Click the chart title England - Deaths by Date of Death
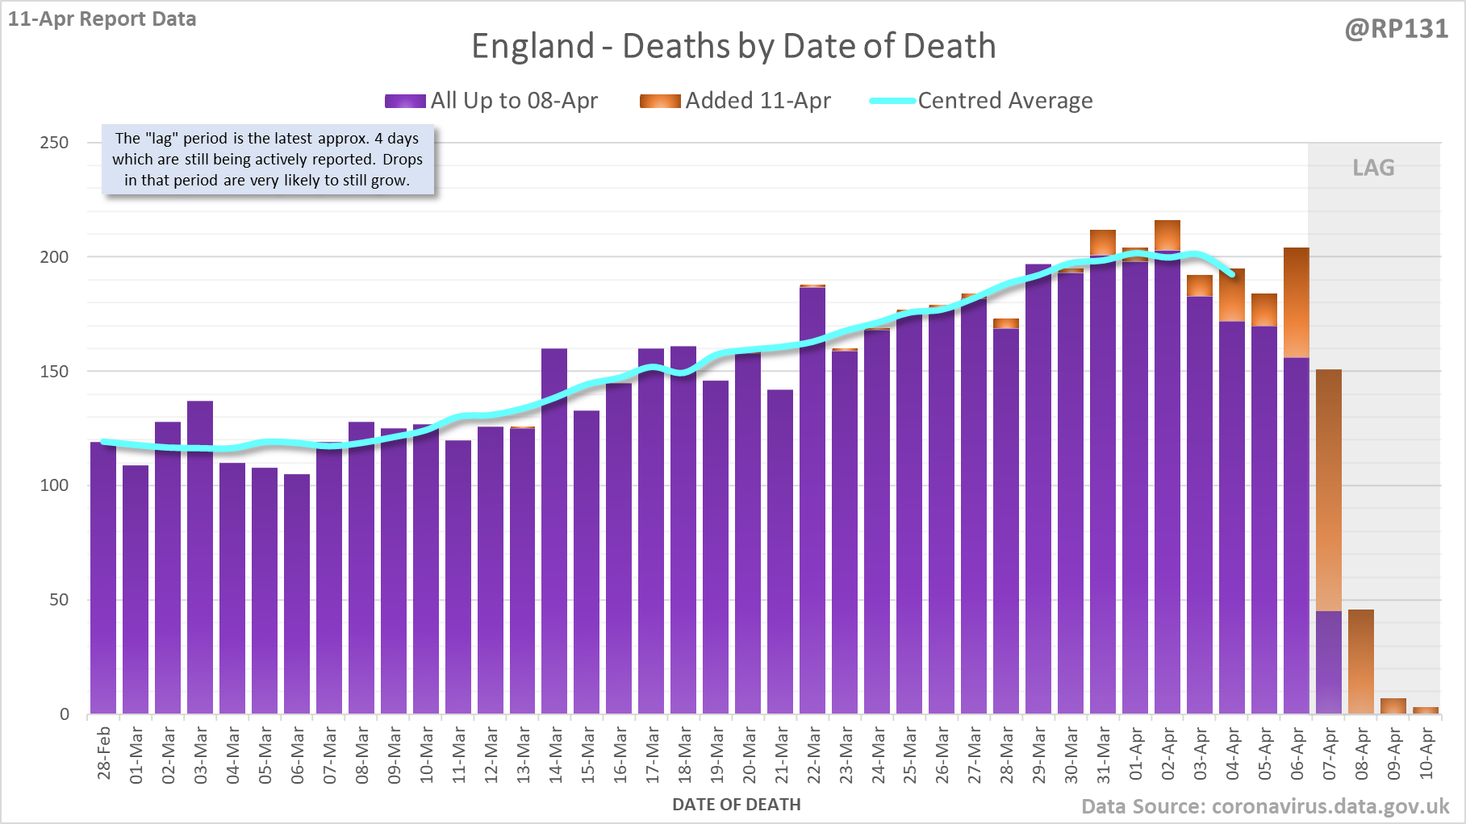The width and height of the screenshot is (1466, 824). coord(733,46)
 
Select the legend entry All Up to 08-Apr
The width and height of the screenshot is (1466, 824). coord(491,101)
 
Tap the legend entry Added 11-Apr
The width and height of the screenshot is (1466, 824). coord(735,101)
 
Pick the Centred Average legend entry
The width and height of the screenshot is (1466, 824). coord(981,101)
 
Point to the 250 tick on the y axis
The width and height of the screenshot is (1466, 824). coord(55,143)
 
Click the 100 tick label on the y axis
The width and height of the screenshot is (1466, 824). coord(55,485)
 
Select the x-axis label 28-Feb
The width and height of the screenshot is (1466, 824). coord(104,753)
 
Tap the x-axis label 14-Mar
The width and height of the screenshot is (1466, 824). coord(555,755)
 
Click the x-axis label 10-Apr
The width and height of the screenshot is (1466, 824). coord(1426,753)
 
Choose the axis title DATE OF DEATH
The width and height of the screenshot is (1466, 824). coord(737,805)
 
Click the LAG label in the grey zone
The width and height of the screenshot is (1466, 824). coord(1373,168)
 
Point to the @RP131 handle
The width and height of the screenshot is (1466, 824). coord(1397,29)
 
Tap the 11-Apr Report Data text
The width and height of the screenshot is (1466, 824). coord(102,19)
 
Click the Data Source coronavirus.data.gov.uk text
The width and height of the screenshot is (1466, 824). coord(1265,806)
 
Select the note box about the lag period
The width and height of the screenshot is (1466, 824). coord(267,160)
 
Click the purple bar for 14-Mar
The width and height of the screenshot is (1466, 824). coord(554,532)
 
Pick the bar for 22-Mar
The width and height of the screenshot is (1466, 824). coord(812,500)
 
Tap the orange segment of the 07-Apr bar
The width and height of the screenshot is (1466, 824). coord(1329,490)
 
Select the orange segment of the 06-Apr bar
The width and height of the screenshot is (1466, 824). coord(1297,302)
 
